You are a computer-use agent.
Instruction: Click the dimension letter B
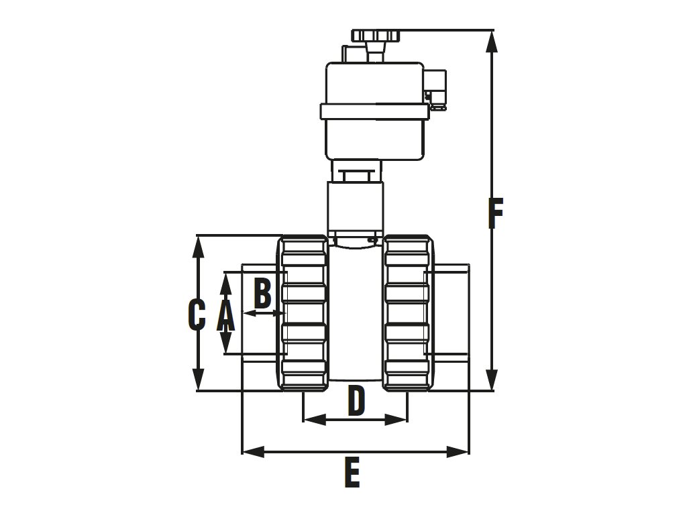click(262, 293)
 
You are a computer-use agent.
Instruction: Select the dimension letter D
click(356, 401)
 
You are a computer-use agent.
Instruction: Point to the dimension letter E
click(352, 473)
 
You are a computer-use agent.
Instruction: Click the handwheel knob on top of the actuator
click(376, 36)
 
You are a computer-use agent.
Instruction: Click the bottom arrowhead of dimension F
click(493, 381)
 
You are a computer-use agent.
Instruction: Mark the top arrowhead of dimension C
click(198, 245)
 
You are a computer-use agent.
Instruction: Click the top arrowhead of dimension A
click(226, 280)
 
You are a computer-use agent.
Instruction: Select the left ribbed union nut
click(303, 313)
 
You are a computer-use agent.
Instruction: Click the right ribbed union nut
click(407, 313)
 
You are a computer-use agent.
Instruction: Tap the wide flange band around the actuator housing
click(374, 111)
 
